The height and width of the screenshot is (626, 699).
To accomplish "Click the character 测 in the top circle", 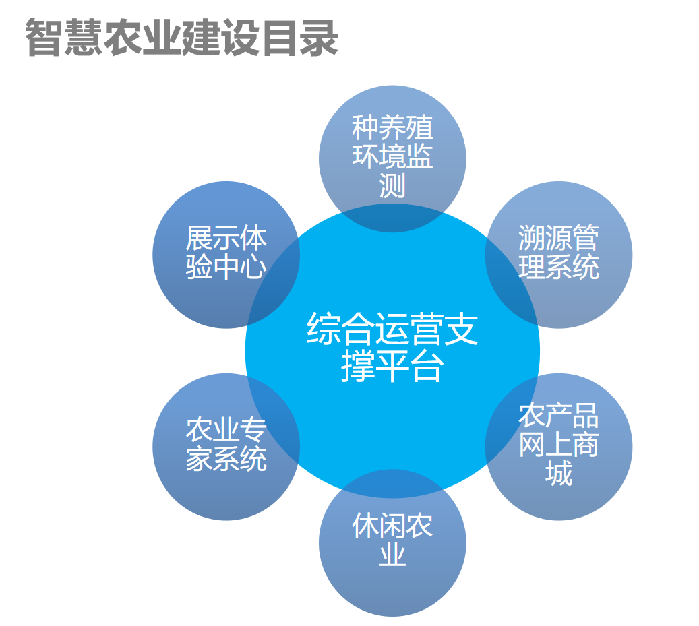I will [392, 185].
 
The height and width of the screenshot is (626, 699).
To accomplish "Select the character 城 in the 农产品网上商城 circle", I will [559, 474].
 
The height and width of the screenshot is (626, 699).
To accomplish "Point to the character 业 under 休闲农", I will [392, 555].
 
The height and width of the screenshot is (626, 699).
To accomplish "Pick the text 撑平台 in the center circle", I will [392, 368].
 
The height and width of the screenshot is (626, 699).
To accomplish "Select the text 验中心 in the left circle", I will [226, 268].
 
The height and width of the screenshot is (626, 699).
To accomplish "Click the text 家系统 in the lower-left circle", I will [226, 460].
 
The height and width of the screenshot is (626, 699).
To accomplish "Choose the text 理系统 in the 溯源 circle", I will [559, 268].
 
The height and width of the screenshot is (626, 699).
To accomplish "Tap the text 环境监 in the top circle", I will [392, 157].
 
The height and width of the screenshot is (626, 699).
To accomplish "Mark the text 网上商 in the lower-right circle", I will [559, 445].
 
